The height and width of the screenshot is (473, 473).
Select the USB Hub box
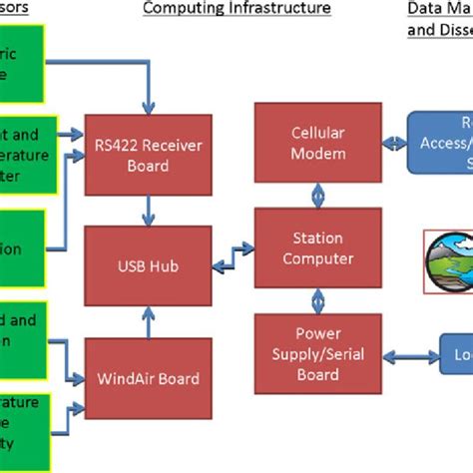pyautogui.click(x=148, y=265)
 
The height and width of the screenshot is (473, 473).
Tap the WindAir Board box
pyautogui.click(x=148, y=378)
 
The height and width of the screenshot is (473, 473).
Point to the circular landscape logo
pyautogui.click(x=448, y=262)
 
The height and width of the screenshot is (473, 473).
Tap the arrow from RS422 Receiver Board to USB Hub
pyautogui.click(x=148, y=209)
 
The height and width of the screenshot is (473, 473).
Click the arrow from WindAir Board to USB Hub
pyautogui.click(x=148, y=321)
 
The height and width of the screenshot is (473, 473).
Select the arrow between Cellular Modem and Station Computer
pyautogui.click(x=318, y=194)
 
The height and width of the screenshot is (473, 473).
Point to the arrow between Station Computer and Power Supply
pyautogui.click(x=318, y=299)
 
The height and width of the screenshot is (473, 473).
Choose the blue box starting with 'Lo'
pyautogui.click(x=457, y=354)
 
